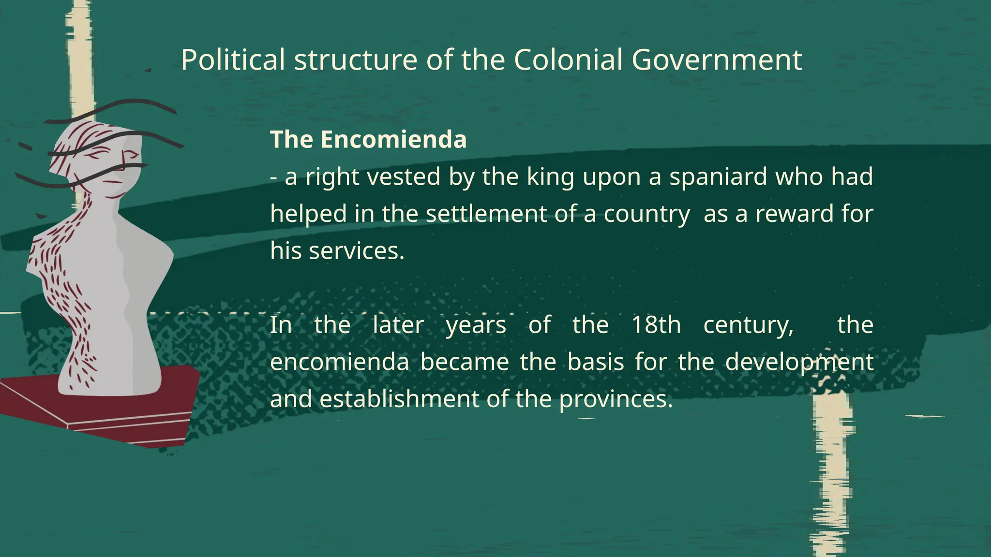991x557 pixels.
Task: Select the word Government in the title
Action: coord(717,60)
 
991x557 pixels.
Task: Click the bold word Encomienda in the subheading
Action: coord(393,139)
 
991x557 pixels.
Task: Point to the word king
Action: coord(550,176)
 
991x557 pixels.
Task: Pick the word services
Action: coord(356,251)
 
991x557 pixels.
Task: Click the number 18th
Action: coord(656,324)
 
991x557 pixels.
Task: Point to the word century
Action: coord(748,325)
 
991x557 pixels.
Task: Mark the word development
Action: coord(799,362)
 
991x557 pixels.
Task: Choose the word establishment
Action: coord(392,399)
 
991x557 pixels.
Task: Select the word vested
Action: coord(404,176)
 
